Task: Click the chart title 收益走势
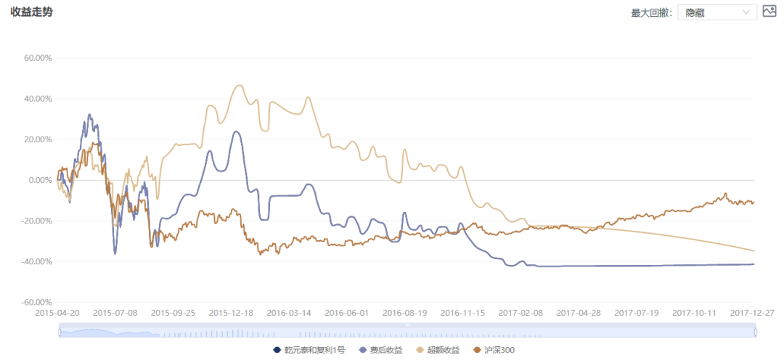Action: [x=31, y=12]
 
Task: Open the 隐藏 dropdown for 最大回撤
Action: [x=716, y=12]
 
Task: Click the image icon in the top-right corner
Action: [x=769, y=12]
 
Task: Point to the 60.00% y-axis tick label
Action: [x=38, y=58]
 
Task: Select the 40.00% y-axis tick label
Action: [x=38, y=99]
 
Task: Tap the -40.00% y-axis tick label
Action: [x=36, y=261]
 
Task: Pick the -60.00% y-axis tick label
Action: [x=36, y=302]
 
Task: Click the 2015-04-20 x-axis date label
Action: [x=58, y=313]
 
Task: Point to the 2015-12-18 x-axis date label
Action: [x=231, y=313]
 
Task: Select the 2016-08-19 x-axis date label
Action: [x=405, y=313]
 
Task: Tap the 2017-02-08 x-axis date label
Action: [x=520, y=313]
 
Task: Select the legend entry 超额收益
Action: [x=437, y=351]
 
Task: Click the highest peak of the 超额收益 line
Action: [x=240, y=86]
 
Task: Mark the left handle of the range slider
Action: [x=59, y=332]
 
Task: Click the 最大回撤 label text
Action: [x=651, y=12]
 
